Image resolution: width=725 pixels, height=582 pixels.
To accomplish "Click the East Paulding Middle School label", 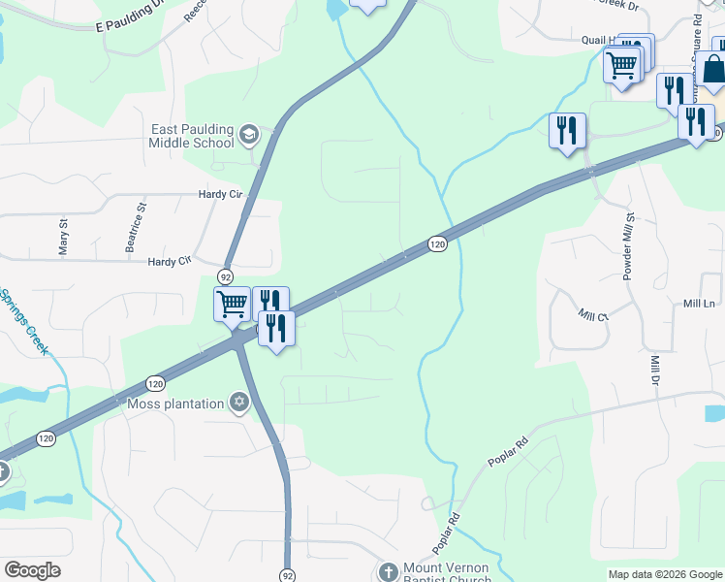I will [192, 136].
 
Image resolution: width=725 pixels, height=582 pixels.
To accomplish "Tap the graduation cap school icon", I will [249, 135].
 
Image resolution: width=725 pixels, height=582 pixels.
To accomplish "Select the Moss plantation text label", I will [174, 403].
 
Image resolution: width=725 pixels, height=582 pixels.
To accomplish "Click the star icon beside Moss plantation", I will [239, 403].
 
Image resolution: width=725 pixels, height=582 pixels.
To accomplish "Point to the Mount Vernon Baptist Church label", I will [448, 571].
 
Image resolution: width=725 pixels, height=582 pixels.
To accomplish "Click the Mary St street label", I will [64, 236].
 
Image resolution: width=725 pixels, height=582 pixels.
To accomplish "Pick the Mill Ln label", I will [698, 304].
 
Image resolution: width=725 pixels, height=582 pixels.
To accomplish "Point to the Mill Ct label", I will [591, 315].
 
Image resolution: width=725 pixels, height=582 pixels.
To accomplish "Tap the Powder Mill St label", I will [627, 247].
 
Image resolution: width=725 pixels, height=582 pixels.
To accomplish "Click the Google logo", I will [32, 570].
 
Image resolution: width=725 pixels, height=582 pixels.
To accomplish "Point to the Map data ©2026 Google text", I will [664, 574].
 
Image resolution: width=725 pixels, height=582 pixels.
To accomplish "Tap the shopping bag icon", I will [712, 70].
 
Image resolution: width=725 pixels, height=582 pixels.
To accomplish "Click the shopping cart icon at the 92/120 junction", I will [232, 304].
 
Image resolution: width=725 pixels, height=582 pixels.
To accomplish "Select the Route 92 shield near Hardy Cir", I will [225, 276].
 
